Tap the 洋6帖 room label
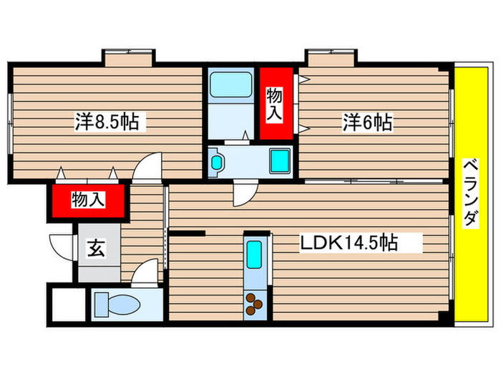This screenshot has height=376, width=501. click(366, 122)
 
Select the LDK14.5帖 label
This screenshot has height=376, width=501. click(349, 243)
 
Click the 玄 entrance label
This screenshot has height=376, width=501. click(94, 249)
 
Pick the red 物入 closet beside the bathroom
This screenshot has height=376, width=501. click(276, 104)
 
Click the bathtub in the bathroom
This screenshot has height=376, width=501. click(231, 87)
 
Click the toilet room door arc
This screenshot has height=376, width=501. click(145, 272)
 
